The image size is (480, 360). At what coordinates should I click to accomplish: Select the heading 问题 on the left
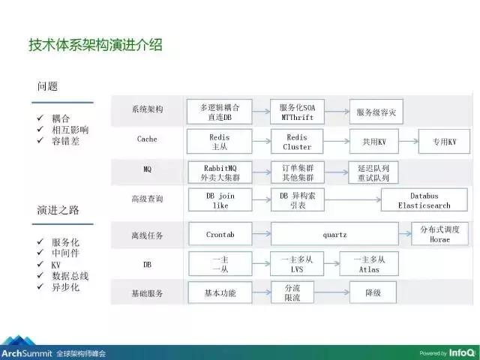tap(50, 86)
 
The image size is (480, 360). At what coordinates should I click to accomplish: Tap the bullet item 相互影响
tap(70, 129)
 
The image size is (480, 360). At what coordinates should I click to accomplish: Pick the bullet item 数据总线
tap(70, 276)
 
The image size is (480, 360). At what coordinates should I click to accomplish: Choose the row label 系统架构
tap(147, 109)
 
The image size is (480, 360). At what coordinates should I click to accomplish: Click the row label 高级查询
tap(147, 199)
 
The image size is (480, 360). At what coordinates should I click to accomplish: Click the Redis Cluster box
tap(297, 142)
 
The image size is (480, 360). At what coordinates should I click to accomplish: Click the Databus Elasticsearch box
tap(418, 200)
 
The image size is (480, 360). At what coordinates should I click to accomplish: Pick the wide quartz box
tap(334, 234)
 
